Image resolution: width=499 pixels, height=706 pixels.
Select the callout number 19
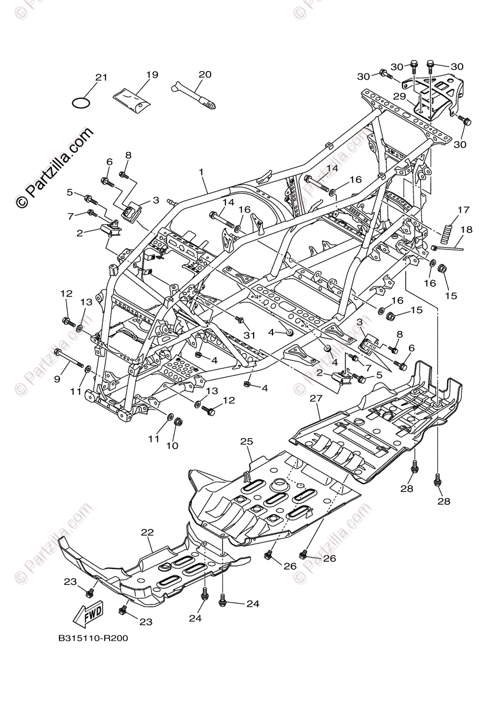[152, 75]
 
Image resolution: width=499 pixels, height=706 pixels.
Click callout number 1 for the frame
[201, 172]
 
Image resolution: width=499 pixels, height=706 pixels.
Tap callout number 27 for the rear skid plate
[317, 398]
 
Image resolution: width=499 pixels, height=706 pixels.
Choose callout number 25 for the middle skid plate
[246, 441]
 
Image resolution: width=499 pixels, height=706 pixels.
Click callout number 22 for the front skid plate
[147, 532]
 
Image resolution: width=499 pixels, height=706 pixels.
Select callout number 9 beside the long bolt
[57, 379]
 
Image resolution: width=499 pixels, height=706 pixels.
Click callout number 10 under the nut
[172, 446]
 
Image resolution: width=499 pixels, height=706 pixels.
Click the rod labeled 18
[447, 248]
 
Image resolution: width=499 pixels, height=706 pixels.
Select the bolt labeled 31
[239, 319]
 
